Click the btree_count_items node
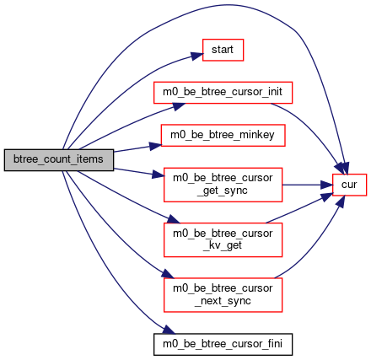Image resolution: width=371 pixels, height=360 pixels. pyautogui.click(x=59, y=160)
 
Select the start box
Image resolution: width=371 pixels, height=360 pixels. pyautogui.click(x=223, y=50)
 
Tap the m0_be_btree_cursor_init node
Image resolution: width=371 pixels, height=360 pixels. pyautogui.click(x=223, y=93)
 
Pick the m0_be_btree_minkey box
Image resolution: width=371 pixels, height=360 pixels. pyautogui.click(x=223, y=136)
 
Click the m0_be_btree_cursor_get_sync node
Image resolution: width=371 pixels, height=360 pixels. pyautogui.click(x=223, y=185)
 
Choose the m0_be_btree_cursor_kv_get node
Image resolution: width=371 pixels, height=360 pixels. pyautogui.click(x=223, y=240)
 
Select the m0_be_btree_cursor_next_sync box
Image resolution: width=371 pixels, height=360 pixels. pyautogui.click(x=223, y=295)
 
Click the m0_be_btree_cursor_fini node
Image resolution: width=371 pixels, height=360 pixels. pyautogui.click(x=223, y=345)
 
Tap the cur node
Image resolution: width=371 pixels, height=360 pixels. pyautogui.click(x=349, y=185)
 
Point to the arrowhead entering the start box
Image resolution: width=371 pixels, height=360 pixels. pyautogui.click(x=197, y=56)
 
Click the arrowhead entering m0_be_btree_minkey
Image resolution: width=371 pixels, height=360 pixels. pyautogui.click(x=155, y=146)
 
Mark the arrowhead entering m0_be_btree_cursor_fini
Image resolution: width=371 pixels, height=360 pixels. pyautogui.click(x=169, y=330)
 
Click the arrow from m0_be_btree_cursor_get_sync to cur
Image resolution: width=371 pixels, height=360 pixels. pyautogui.click(x=307, y=185)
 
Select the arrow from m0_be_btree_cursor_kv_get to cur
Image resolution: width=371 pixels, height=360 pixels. pyautogui.click(x=299, y=208)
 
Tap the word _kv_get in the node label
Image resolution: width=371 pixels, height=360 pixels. pyautogui.click(x=223, y=245)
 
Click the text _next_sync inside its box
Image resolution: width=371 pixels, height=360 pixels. pyautogui.click(x=223, y=301)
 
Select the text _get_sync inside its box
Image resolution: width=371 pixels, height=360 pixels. pyautogui.click(x=223, y=191)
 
